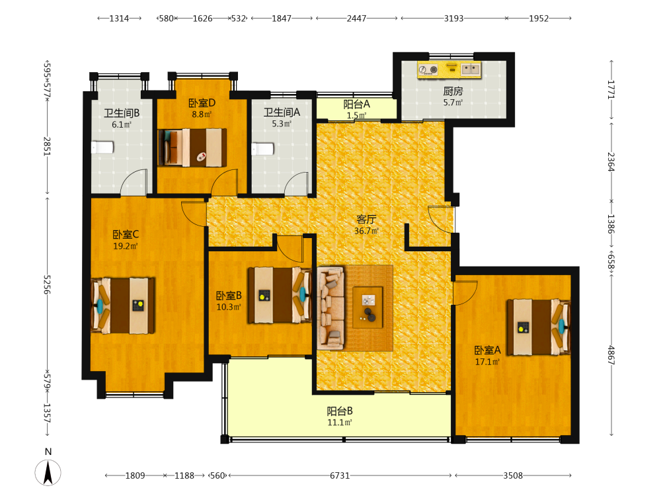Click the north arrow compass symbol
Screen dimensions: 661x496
point(48,472)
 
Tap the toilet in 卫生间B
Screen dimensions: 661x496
point(102,147)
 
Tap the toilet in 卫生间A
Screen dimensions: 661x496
point(262,149)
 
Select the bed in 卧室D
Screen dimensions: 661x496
point(192,147)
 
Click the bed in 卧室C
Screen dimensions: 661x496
point(123,306)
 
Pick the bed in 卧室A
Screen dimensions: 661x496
point(538,327)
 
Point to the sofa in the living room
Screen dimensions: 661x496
point(330,308)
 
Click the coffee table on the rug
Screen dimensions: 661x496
point(368,308)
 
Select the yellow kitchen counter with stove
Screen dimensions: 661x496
point(449,69)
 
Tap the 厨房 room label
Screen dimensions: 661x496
point(453,91)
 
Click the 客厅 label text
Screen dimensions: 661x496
point(366,220)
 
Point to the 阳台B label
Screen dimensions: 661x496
point(340,411)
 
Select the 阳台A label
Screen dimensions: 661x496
point(357,104)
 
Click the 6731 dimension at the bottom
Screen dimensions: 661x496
point(340,475)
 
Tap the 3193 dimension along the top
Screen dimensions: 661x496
point(453,18)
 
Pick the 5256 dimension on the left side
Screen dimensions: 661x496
point(47,284)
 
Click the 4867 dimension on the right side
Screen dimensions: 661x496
point(611,355)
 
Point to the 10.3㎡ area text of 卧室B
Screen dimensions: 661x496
point(229,307)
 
